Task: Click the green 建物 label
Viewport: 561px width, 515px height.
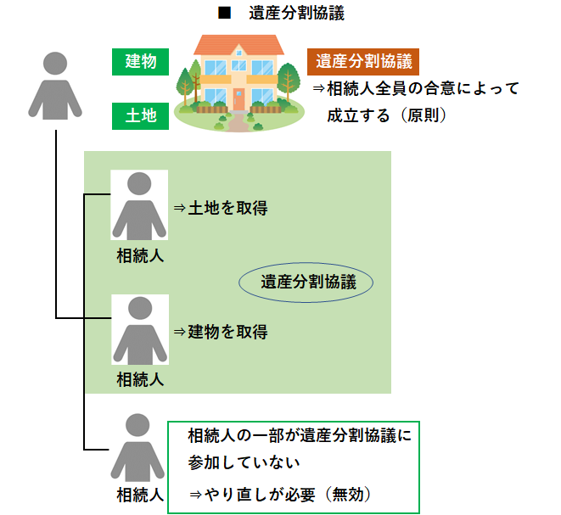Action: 140,61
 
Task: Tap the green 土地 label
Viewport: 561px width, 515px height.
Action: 140,116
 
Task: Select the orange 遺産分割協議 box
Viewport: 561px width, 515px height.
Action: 363,61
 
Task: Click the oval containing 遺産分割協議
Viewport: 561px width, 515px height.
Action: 305,283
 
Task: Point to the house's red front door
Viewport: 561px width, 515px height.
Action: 238,100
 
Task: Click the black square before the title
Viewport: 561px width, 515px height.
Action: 226,14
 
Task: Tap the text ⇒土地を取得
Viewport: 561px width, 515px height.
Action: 220,207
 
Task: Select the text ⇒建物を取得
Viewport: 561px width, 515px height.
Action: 220,332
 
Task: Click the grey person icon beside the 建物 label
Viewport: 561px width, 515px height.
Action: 55,85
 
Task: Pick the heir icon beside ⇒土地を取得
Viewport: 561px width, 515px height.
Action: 139,206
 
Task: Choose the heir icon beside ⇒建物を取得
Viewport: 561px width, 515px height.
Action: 139,331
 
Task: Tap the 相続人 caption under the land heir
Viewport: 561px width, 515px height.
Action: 140,255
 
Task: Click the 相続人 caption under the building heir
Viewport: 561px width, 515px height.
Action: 140,378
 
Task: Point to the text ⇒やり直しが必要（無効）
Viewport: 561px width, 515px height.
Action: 280,493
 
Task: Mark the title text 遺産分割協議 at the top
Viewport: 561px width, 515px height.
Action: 296,14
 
